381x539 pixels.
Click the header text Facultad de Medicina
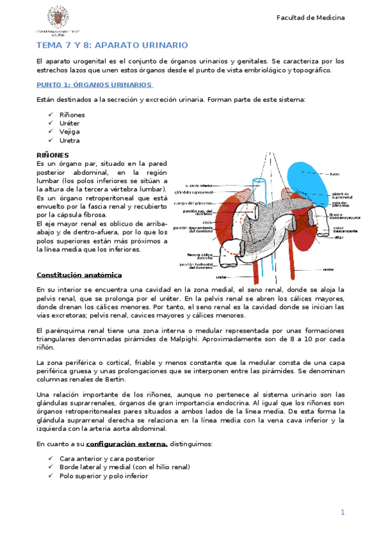pos(310,17)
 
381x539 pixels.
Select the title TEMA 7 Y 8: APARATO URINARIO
pos(112,45)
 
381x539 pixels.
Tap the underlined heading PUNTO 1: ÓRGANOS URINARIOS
pos(94,84)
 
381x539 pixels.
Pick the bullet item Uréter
pos(70,123)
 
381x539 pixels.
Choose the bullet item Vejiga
pos(70,132)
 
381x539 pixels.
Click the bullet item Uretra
pos(70,140)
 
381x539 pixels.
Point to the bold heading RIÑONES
pos(53,154)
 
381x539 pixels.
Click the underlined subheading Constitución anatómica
pos(79,275)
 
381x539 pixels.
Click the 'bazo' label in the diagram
pos(335,174)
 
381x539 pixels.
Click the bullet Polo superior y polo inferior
pos(104,475)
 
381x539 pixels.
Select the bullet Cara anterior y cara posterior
pos(107,458)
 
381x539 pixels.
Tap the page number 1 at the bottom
pos(342,512)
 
